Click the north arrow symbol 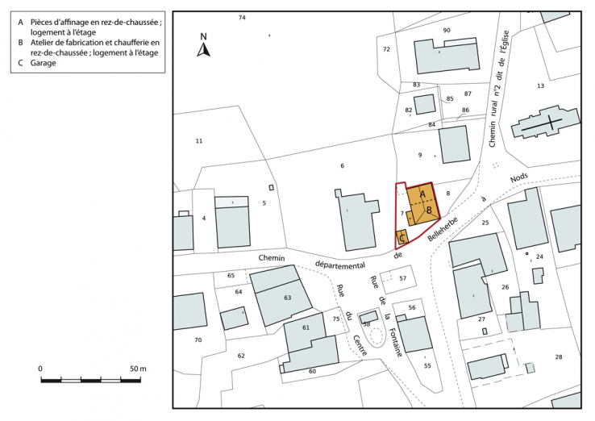[x=204, y=48]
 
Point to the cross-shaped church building [x=543, y=125]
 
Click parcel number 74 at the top [x=242, y=17]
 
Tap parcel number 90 [x=447, y=30]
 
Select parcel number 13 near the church [x=540, y=85]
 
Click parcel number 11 [x=199, y=141]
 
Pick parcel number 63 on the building [x=287, y=298]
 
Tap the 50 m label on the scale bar [x=138, y=369]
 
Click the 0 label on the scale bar [x=40, y=369]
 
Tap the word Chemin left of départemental [x=273, y=258]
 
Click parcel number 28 [x=557, y=356]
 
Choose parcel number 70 [x=198, y=340]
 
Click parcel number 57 [x=402, y=278]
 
